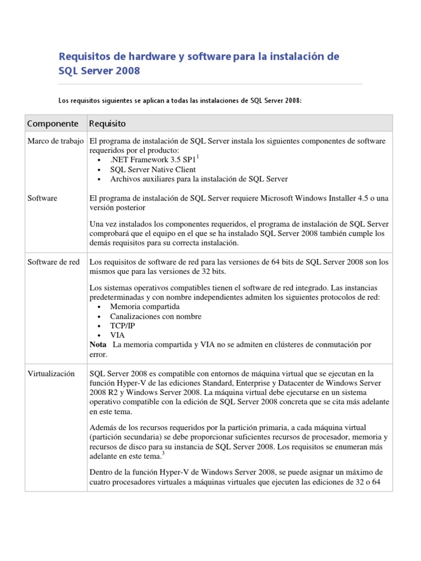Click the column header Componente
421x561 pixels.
tap(54, 123)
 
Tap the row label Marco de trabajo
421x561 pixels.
tap(56, 141)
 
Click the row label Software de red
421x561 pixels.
tap(54, 262)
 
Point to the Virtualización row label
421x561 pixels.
tap(51, 374)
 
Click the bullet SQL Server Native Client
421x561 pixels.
tap(153, 169)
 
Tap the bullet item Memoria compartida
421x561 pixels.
tap(144, 307)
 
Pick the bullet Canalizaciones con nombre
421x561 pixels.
tap(156, 316)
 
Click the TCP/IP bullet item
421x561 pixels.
tap(122, 325)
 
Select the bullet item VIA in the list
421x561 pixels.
tap(117, 335)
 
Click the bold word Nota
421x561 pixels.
tap(98, 345)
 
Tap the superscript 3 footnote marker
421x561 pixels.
tap(163, 453)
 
